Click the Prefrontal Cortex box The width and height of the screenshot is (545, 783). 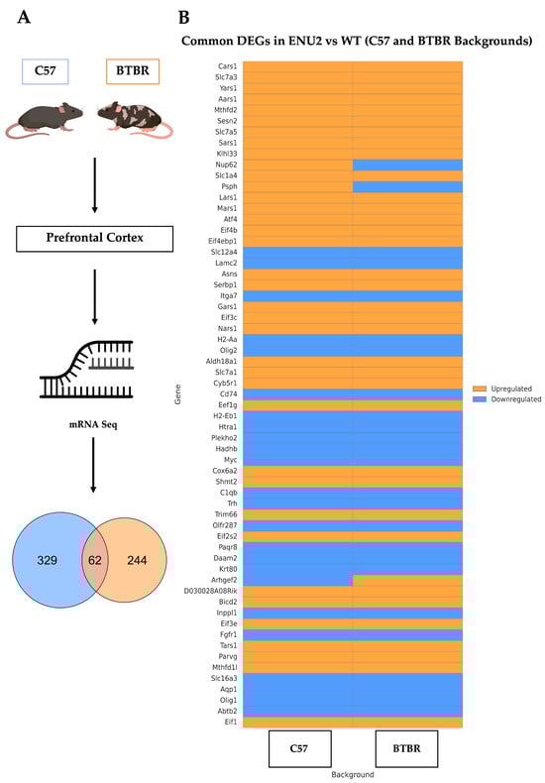point(94,238)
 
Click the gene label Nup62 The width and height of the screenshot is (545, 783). point(225,165)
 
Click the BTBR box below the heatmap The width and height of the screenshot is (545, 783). point(408,748)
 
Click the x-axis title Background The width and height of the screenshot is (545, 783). point(353,773)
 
